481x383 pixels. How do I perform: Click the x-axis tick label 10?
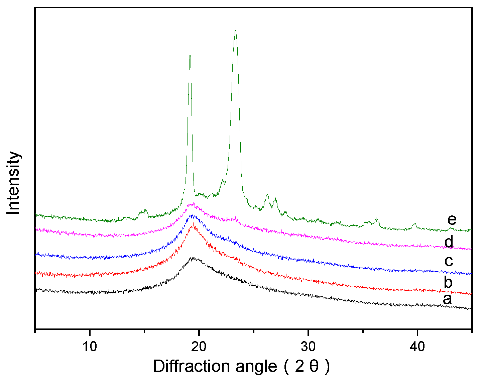pyautogui.click(x=90, y=346)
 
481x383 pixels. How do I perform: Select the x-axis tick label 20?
pyautogui.click(x=199, y=346)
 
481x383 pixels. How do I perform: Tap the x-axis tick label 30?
pyautogui.click(x=308, y=346)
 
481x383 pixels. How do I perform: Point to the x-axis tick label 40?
pyautogui.click(x=417, y=346)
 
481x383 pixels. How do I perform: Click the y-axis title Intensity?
pyautogui.click(x=14, y=183)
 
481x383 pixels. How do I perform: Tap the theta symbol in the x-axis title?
pyautogui.click(x=314, y=367)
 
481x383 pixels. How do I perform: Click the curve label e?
pyautogui.click(x=452, y=220)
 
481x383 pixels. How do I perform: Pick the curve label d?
pyautogui.click(x=449, y=242)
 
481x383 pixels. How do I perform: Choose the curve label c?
pyautogui.click(x=449, y=261)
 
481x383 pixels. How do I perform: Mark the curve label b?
pyautogui.click(x=448, y=282)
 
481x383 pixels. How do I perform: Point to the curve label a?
pyautogui.click(x=447, y=299)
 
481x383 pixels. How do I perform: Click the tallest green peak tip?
pyautogui.click(x=235, y=30)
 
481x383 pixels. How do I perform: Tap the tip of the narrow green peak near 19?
pyautogui.click(x=190, y=56)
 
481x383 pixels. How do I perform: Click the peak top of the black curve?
pyautogui.click(x=193, y=258)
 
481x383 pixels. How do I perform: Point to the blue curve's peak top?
pyautogui.click(x=192, y=215)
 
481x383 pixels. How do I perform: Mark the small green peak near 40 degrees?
pyautogui.click(x=414, y=224)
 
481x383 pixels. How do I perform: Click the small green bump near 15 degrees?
pyautogui.click(x=144, y=210)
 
